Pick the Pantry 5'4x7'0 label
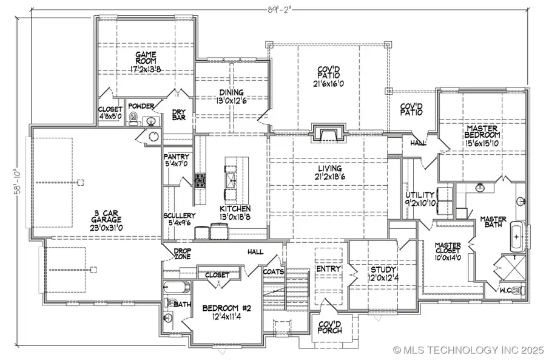click(x=177, y=160)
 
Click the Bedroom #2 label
click(x=223, y=311)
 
